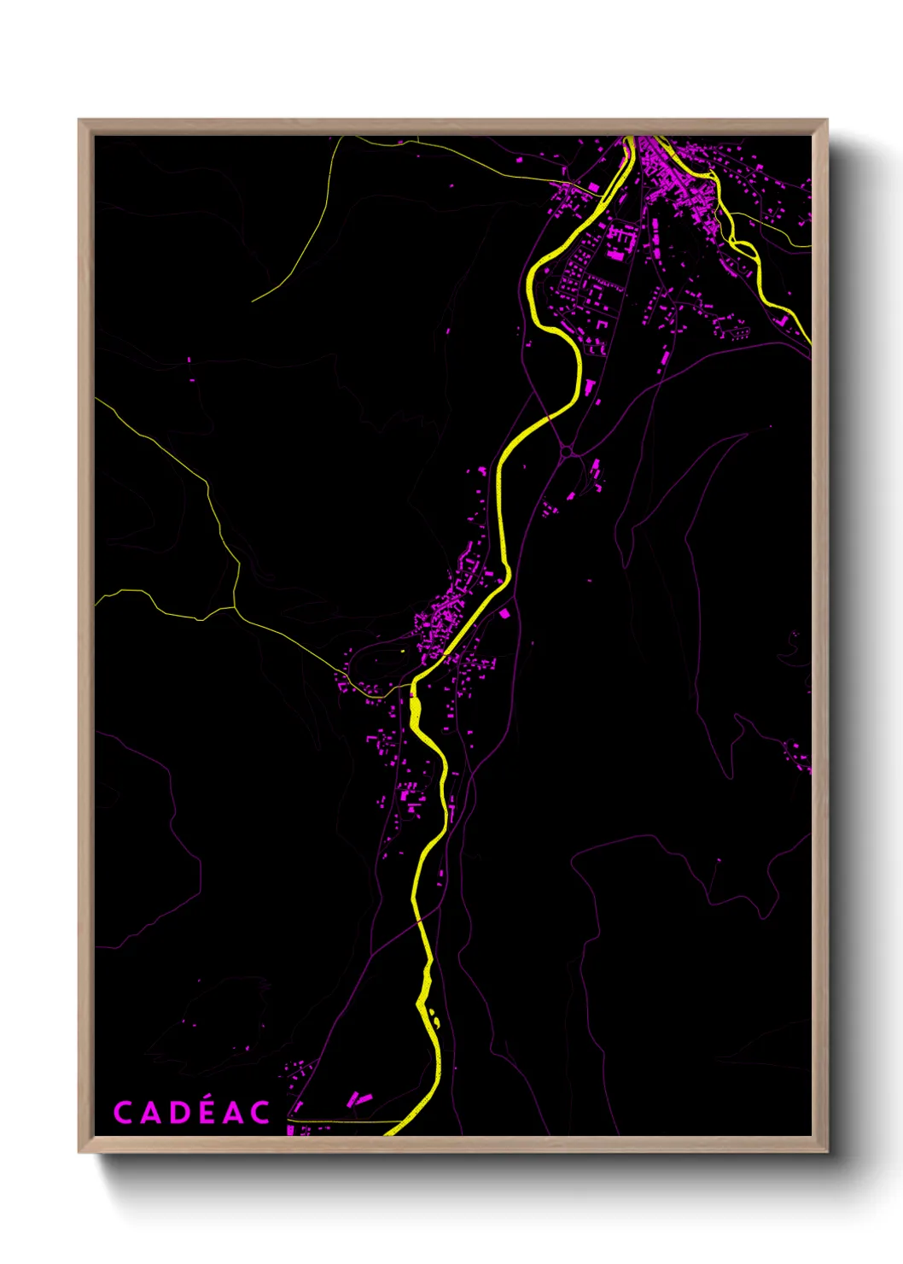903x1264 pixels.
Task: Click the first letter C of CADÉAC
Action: (123, 1113)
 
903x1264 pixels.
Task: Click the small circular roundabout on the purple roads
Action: (565, 450)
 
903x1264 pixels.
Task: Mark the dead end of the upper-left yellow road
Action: (253, 301)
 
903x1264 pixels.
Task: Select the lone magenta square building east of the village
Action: (504, 613)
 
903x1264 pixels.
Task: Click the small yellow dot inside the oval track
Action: (402, 653)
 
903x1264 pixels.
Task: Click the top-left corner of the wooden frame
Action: (80, 120)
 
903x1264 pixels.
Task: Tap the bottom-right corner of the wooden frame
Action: (826, 1150)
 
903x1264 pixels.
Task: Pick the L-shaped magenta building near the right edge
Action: (782, 320)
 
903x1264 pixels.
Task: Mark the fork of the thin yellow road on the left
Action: (235, 607)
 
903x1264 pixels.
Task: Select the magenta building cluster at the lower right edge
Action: (797, 756)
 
